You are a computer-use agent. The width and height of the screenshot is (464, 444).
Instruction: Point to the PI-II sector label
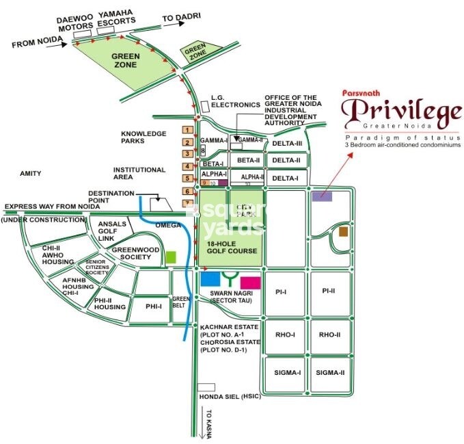click(330, 292)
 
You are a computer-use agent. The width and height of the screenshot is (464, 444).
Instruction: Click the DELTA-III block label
click(286, 143)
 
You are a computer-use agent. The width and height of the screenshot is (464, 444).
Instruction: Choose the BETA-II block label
click(249, 160)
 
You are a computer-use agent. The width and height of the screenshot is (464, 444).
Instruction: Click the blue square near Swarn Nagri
click(210, 279)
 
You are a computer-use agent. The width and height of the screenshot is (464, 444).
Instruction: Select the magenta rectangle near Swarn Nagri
click(250, 282)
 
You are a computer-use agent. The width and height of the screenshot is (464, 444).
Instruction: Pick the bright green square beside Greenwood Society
click(172, 257)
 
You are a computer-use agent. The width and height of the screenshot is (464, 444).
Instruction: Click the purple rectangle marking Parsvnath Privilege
click(323, 196)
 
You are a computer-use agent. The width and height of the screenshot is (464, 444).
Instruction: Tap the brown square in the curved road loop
click(343, 232)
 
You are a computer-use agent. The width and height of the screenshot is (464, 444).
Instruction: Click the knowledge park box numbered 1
click(186, 130)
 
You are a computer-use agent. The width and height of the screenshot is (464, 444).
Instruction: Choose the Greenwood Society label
click(131, 253)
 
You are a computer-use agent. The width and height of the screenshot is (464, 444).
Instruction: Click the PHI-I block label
click(153, 306)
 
